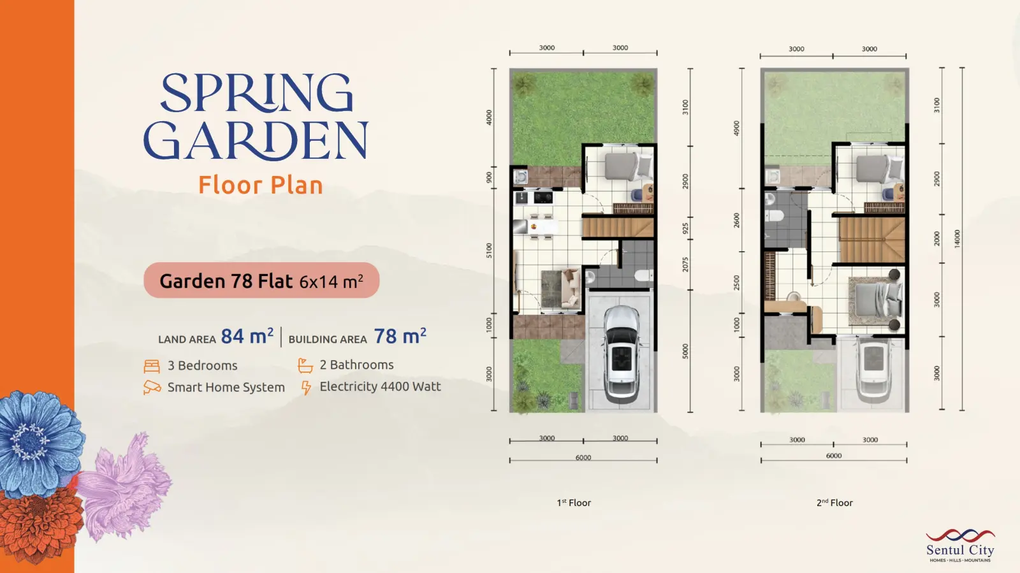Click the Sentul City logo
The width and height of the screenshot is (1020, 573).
960,545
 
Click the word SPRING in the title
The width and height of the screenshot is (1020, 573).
257,92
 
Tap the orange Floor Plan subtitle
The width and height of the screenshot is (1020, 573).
261,185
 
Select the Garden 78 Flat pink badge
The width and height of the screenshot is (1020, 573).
261,280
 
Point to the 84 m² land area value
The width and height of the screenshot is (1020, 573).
247,337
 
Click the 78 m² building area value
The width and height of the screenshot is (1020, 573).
400,337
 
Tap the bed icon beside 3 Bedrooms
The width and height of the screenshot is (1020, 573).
152,366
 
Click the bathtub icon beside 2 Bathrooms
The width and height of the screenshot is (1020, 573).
305,365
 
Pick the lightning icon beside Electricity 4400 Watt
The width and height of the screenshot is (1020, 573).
306,388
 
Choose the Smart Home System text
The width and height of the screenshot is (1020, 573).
226,388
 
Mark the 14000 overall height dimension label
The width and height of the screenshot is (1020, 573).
957,238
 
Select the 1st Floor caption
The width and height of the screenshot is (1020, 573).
574,502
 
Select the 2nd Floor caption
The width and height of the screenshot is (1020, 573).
834,502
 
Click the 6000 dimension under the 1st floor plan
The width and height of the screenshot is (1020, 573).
583,458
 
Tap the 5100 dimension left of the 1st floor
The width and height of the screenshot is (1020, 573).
489,250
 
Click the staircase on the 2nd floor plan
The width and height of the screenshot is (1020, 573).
871,240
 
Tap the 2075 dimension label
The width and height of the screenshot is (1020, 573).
685,265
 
